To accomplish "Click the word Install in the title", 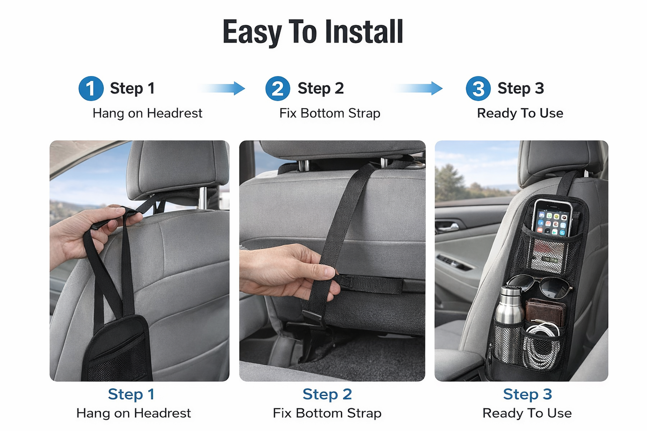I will [x=364, y=32].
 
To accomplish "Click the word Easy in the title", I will [x=252, y=32].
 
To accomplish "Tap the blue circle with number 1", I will [x=91, y=89].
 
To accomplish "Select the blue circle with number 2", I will [x=278, y=89].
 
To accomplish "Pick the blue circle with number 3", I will [x=478, y=89].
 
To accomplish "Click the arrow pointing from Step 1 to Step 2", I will [x=224, y=88].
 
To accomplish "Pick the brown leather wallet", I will [x=545, y=312].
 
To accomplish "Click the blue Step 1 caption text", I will [x=131, y=394].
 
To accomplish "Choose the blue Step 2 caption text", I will [x=327, y=394].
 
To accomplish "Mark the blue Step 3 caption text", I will [x=527, y=394].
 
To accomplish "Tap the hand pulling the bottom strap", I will [x=287, y=271].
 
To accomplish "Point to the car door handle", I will [x=448, y=226].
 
